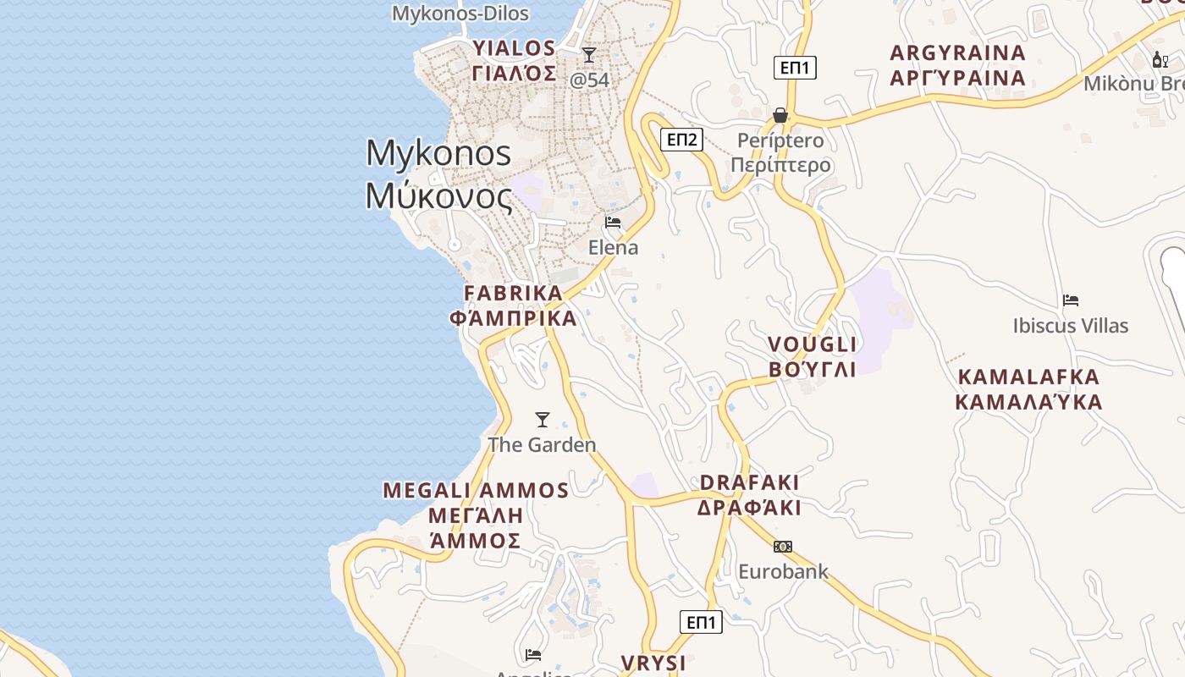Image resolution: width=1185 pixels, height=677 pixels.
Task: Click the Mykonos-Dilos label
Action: [460, 14]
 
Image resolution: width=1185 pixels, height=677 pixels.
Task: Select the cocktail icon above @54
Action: [589, 55]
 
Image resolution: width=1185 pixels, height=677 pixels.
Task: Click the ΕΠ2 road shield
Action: [681, 140]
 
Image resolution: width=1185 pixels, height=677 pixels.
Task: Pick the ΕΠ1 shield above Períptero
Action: [795, 68]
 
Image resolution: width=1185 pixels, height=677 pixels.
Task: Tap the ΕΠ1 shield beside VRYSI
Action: [701, 622]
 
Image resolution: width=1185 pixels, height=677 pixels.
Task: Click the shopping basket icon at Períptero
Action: [780, 115]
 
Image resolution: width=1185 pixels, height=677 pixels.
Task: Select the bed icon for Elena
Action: [613, 223]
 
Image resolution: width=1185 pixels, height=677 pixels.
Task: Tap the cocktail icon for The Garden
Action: [543, 420]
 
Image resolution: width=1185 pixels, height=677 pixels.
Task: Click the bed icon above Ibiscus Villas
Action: [1071, 300]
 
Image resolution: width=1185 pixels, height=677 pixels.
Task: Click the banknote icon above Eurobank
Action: [783, 547]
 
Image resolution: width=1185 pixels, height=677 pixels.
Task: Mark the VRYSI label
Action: [653, 663]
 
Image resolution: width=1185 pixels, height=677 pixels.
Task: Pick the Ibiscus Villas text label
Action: [1071, 326]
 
